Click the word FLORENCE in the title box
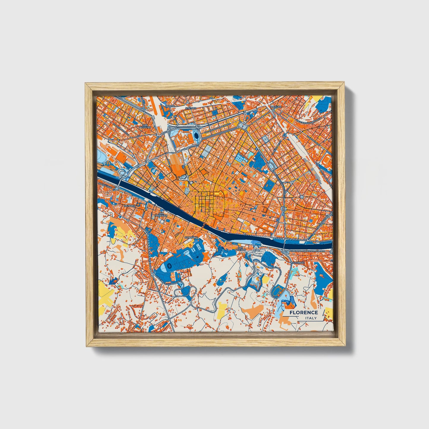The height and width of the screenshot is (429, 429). coord(304,312)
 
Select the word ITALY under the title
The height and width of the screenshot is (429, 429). coord(311,318)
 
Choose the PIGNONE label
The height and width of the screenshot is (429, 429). coord(130,205)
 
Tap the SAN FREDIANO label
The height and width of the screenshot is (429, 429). coord(163,214)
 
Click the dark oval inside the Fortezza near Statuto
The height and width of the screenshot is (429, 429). coord(196,136)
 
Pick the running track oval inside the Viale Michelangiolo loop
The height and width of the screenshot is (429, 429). coord(278,290)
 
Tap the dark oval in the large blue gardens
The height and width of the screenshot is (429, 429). coord(167,267)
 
